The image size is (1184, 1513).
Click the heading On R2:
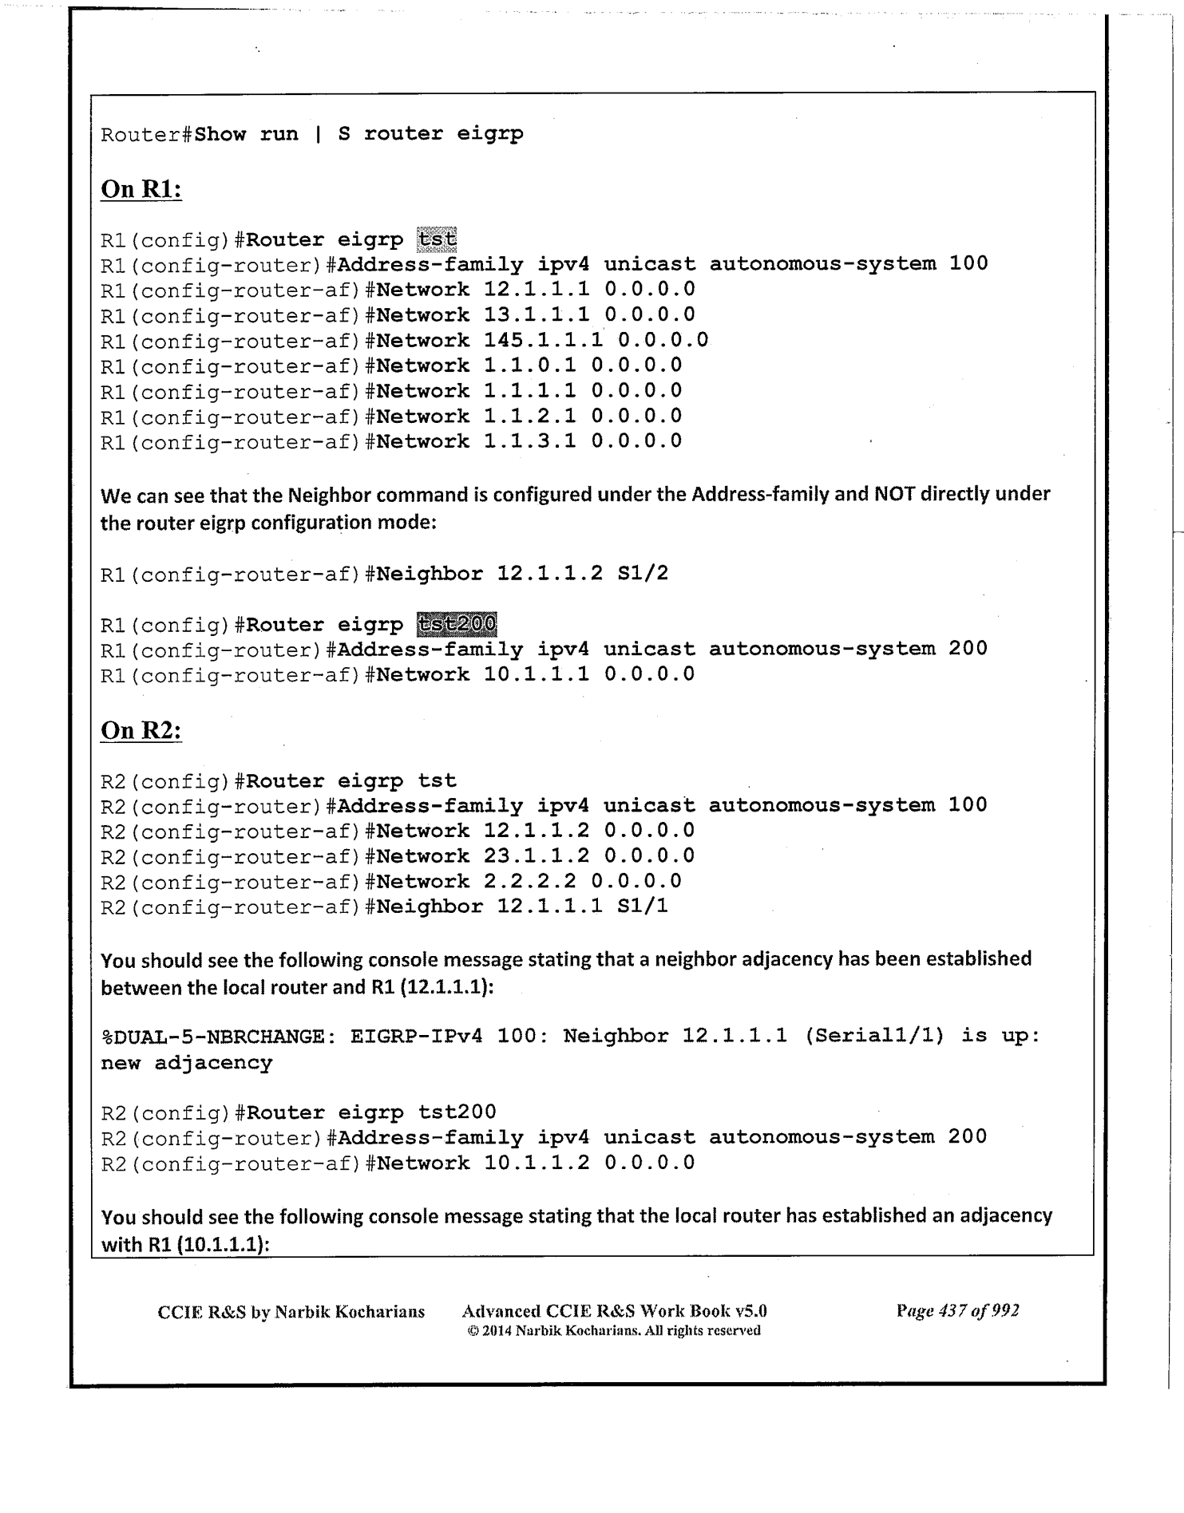click(x=141, y=730)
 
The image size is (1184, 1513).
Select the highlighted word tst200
click(x=457, y=624)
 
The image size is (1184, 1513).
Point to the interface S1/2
click(x=643, y=573)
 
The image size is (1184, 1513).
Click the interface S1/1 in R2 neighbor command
click(x=643, y=907)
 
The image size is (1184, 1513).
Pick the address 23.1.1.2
click(x=537, y=856)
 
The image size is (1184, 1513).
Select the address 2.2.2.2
click(x=530, y=882)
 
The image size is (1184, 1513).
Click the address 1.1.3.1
click(x=530, y=441)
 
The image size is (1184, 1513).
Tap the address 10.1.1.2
click(x=537, y=1163)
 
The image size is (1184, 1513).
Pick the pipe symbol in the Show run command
click(x=318, y=134)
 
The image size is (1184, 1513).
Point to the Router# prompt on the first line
click(x=147, y=134)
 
